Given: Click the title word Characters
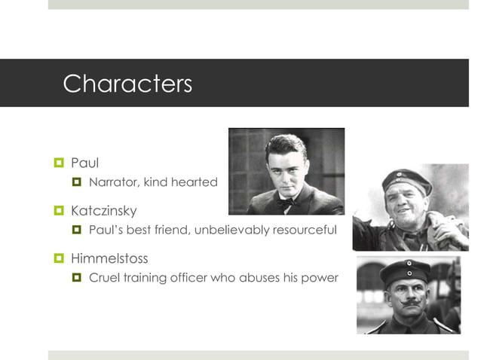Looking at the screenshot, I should [127, 83].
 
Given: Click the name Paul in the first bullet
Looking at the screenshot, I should [84, 163].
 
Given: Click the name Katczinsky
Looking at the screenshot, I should [104, 211].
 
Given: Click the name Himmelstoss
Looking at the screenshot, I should [109, 258].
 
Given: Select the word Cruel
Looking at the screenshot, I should [105, 277].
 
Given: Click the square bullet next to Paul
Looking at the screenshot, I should [58, 163].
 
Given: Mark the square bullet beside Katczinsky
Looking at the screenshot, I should [58, 212].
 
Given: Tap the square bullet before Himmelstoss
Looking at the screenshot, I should [58, 259].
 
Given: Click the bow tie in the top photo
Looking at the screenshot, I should [285, 202].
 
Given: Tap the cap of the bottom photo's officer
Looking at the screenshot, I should [405, 271].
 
